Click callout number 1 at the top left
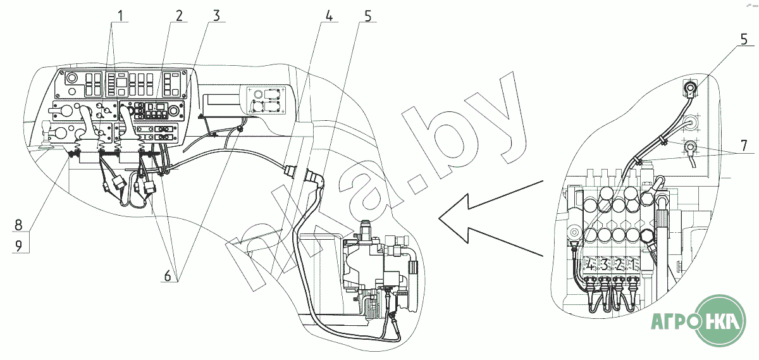pyautogui.click(x=120, y=16)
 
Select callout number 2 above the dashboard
pyautogui.click(x=178, y=16)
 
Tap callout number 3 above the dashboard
pyautogui.click(x=216, y=16)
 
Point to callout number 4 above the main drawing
pyautogui.click(x=329, y=16)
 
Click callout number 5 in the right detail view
pyautogui.click(x=743, y=40)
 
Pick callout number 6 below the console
pyautogui.click(x=168, y=276)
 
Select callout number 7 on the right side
pyautogui.click(x=744, y=146)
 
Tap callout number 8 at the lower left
pyautogui.click(x=18, y=225)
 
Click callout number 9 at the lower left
pyautogui.click(x=18, y=246)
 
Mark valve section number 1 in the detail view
pyautogui.click(x=632, y=264)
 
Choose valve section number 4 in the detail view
pyautogui.click(x=590, y=264)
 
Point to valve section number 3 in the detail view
pyautogui.click(x=604, y=264)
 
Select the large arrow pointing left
pyautogui.click(x=491, y=218)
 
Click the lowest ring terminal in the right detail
pyautogui.click(x=689, y=148)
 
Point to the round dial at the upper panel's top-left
pyautogui.click(x=71, y=78)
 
